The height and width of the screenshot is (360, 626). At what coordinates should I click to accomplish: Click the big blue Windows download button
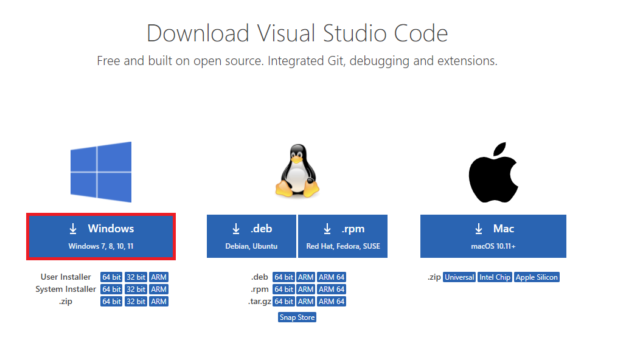coord(101,235)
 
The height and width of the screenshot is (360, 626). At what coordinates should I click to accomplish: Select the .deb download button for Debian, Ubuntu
coord(251,235)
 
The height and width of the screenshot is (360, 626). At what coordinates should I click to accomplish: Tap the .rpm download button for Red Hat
coord(343,235)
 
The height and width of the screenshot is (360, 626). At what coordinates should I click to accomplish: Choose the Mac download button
coord(493,235)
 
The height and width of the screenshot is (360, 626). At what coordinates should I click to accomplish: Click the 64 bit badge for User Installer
coord(111,277)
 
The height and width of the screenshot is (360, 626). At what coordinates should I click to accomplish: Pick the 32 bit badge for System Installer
coord(136,289)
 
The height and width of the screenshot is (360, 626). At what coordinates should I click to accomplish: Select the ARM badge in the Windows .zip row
coord(159,302)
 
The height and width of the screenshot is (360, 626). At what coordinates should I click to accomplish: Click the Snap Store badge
coord(297,317)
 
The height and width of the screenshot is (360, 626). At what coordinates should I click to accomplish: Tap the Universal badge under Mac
coord(459,277)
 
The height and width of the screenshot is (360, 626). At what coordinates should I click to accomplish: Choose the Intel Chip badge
coord(495,277)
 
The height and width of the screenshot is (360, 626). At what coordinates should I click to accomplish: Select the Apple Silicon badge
coord(537,277)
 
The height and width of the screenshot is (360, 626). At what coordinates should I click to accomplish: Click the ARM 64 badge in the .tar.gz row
coord(332,302)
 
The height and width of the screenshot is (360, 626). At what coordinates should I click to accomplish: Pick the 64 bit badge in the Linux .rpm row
coord(283,289)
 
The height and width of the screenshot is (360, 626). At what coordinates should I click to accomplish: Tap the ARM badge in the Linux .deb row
coord(306,277)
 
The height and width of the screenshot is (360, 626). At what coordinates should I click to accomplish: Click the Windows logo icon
coord(101,172)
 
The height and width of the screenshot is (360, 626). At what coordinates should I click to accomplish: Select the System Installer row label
coord(66,289)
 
